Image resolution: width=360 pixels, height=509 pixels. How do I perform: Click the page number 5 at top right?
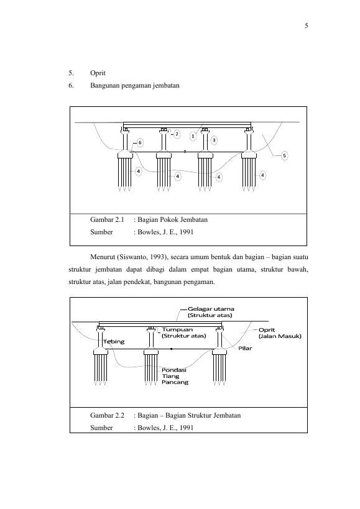[x=306, y=26]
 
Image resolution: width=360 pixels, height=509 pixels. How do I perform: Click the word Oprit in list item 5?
[x=98, y=73]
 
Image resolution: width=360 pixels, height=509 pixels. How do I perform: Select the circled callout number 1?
[x=193, y=136]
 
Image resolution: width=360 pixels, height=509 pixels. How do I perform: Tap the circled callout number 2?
[x=177, y=134]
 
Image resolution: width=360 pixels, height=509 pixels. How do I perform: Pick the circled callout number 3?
[x=214, y=140]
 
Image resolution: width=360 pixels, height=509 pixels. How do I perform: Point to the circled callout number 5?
[x=284, y=156]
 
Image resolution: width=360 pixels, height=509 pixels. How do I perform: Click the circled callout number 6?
[x=140, y=142]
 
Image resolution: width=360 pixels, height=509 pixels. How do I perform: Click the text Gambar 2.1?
[x=107, y=220]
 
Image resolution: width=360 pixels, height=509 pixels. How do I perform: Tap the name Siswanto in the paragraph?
[x=132, y=257]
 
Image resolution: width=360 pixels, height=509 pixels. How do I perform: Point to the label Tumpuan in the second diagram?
[x=177, y=329]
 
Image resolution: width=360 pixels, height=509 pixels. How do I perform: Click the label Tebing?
[x=114, y=341]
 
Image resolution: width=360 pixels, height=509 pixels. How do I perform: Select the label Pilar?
[x=245, y=348]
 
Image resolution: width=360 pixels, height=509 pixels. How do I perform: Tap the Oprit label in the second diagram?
[x=267, y=330]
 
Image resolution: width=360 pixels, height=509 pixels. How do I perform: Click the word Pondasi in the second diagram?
[x=174, y=370]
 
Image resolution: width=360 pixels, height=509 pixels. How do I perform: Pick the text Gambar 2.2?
[x=107, y=416]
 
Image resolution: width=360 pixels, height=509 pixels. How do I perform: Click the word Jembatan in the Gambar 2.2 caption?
[x=227, y=416]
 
